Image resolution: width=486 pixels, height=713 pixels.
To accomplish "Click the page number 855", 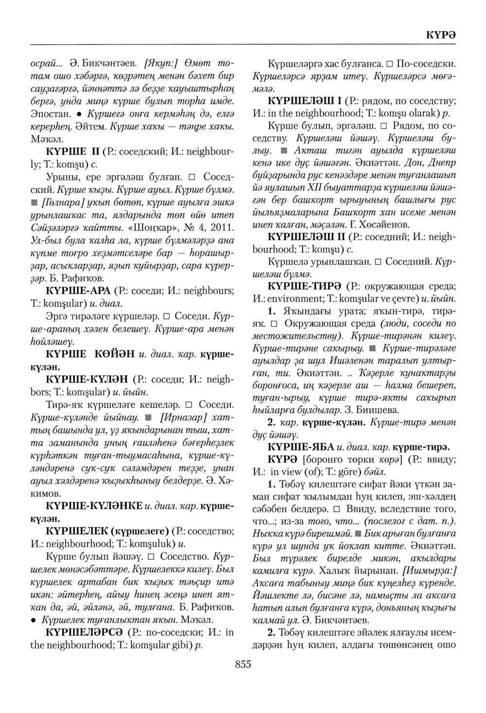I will (x=243, y=663).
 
